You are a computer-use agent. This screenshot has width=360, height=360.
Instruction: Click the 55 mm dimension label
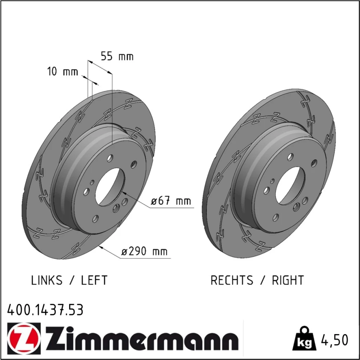coord(117,56)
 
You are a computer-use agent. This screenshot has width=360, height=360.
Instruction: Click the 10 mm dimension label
coord(62,71)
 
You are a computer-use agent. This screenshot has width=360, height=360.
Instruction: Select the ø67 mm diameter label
coord(171,201)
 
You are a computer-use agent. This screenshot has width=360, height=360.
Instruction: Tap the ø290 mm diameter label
coord(144,251)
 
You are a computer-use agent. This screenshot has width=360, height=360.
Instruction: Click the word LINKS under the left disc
coord(46,280)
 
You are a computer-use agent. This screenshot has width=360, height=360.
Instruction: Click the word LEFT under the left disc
coord(94,280)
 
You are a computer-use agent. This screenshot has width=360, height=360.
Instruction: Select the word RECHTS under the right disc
coord(231,280)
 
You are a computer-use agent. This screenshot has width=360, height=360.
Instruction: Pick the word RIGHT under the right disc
coord(288,280)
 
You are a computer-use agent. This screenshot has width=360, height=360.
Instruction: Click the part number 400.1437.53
coord(45,310)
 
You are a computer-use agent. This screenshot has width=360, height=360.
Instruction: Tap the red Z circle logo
coord(24,338)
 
